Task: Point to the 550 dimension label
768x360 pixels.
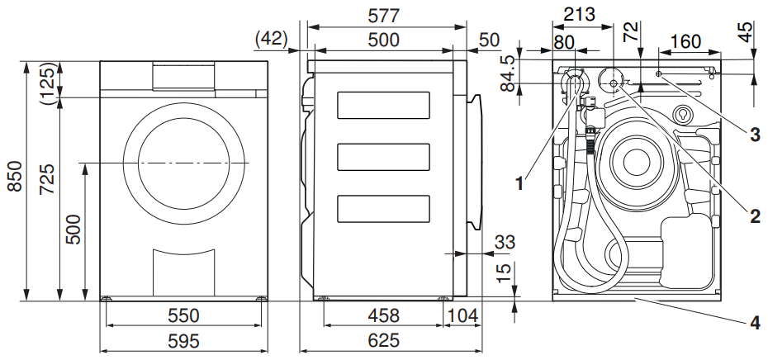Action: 183,315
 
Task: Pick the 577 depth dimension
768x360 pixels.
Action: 384,16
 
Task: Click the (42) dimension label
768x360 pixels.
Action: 271,39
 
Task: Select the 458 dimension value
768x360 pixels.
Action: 383,315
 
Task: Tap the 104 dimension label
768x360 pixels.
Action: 462,315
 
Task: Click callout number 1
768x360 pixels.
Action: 519,185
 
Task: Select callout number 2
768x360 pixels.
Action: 755,216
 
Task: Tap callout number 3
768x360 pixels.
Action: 755,134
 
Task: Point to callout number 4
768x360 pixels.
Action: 755,323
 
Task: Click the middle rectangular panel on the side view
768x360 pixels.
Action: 383,155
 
